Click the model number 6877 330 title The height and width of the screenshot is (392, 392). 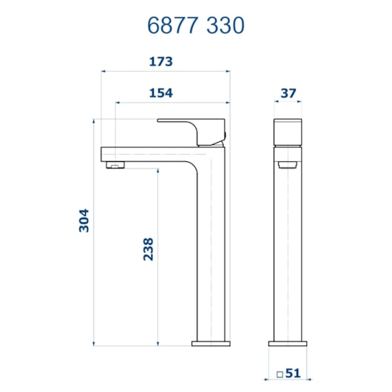coord(195,25)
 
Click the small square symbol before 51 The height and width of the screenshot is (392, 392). coord(280,374)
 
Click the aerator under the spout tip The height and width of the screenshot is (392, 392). coord(115,164)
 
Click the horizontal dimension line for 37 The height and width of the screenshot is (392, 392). coord(290,103)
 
